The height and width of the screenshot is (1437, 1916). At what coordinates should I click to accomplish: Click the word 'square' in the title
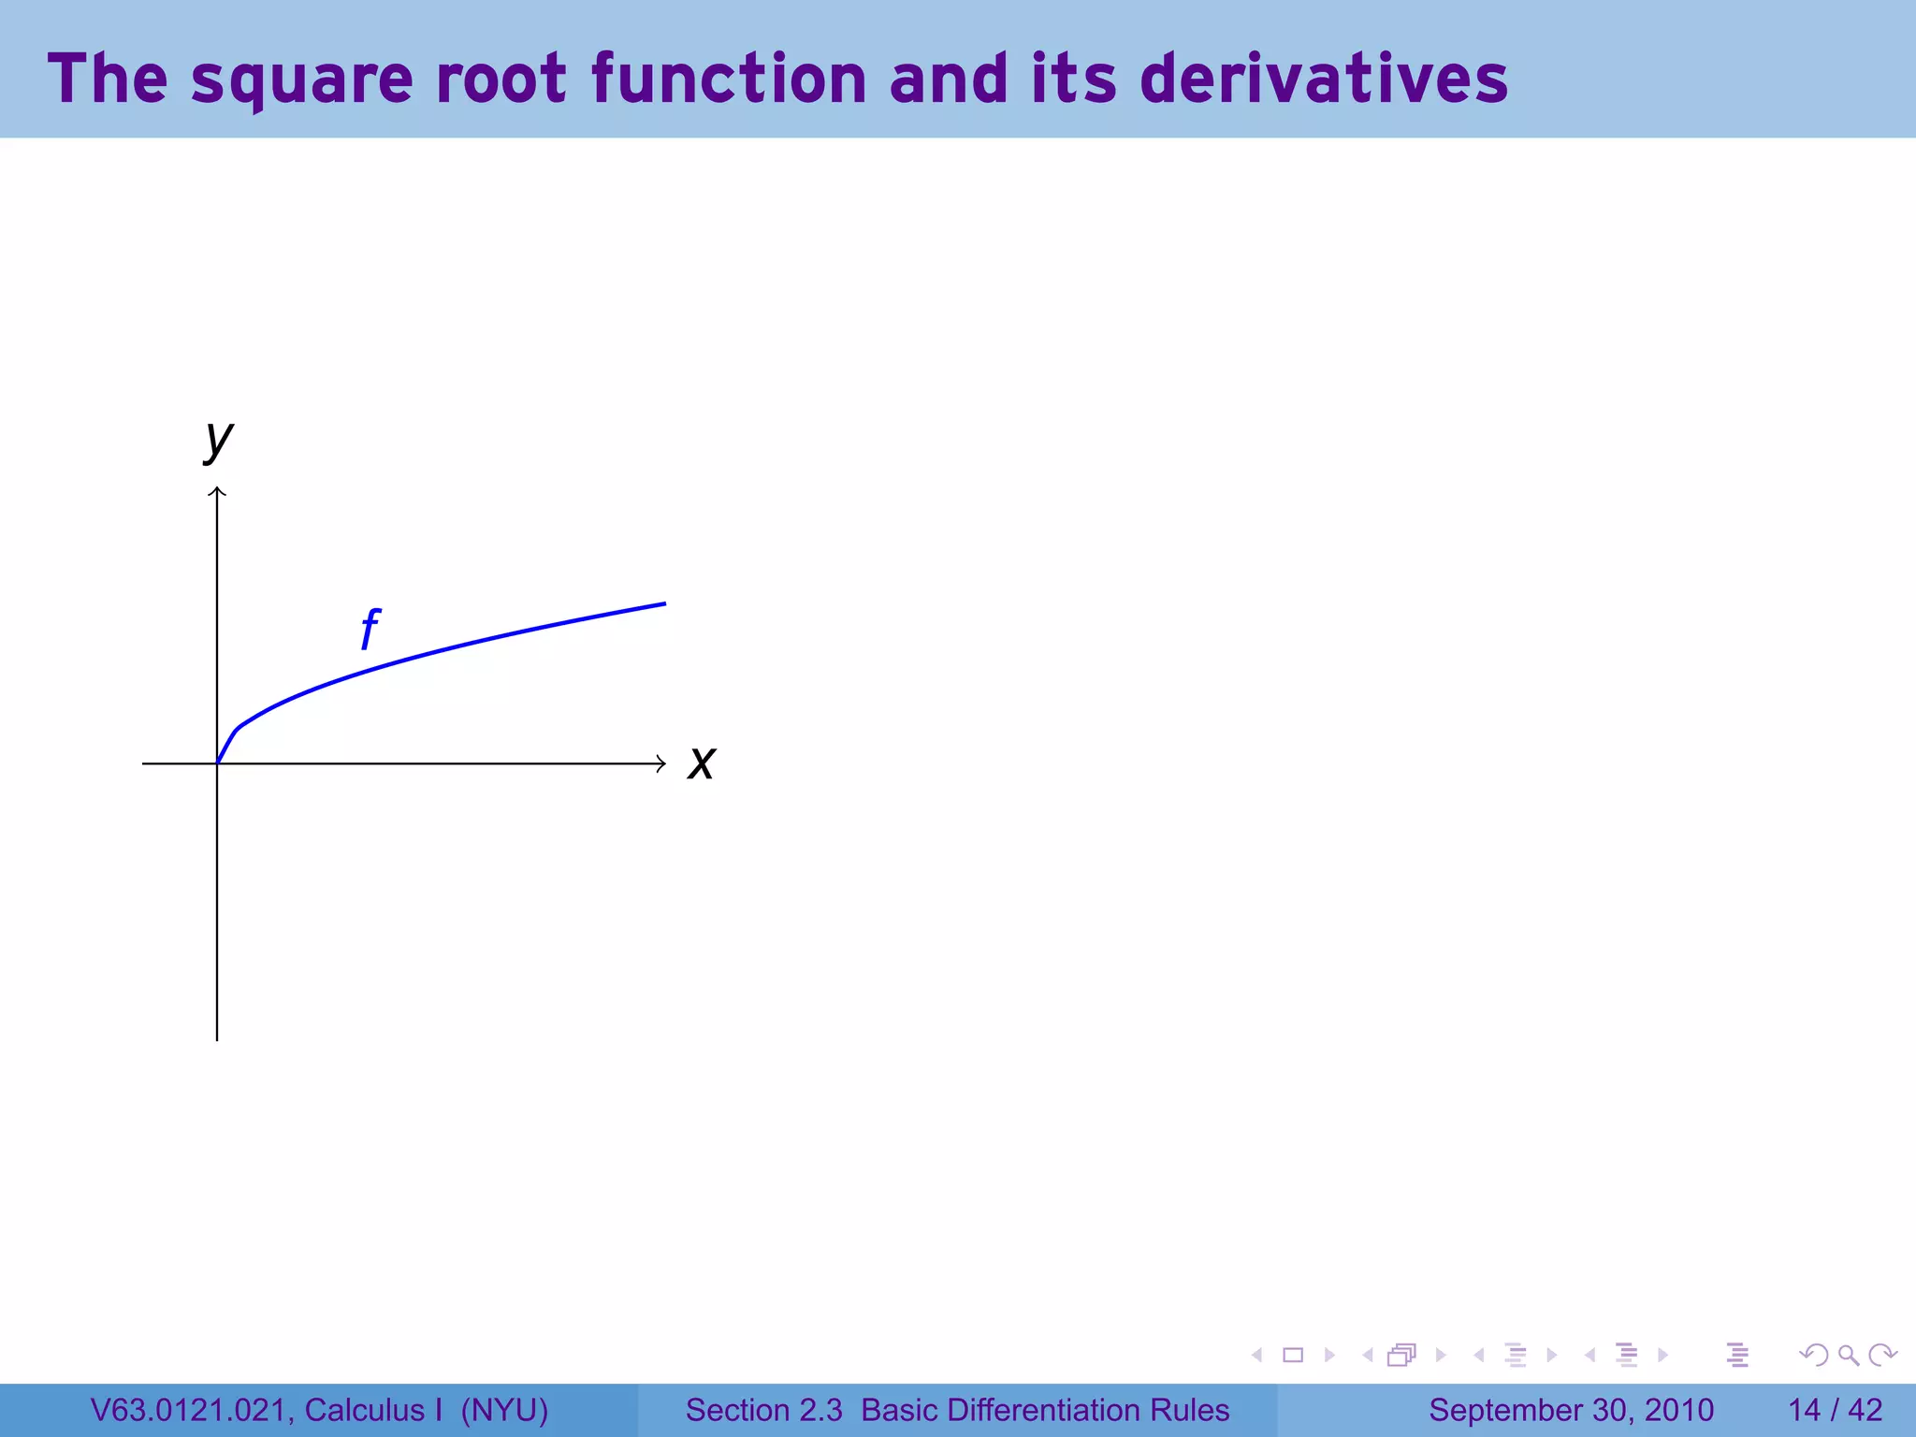pyautogui.click(x=301, y=80)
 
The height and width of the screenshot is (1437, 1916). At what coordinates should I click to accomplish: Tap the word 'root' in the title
pyautogui.click(x=501, y=79)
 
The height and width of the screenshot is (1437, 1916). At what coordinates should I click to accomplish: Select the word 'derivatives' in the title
pyautogui.click(x=1324, y=79)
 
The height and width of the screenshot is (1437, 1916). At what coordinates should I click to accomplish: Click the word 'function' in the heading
pyautogui.click(x=730, y=79)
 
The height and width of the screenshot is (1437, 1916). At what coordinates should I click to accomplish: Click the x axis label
pyautogui.click(x=701, y=762)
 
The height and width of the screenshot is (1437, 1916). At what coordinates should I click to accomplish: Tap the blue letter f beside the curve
pyautogui.click(x=370, y=629)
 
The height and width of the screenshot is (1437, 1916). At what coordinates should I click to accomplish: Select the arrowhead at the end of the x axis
pyautogui.click(x=661, y=763)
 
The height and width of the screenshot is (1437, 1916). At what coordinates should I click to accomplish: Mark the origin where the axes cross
pyautogui.click(x=217, y=763)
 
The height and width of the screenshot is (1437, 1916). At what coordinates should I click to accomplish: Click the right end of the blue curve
pyautogui.click(x=663, y=604)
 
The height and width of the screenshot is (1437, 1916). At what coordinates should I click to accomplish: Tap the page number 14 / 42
pyautogui.click(x=1835, y=1410)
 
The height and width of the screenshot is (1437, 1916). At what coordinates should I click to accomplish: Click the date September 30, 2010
pyautogui.click(x=1571, y=1410)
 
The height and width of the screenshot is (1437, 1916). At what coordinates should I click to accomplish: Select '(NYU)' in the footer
pyautogui.click(x=504, y=1410)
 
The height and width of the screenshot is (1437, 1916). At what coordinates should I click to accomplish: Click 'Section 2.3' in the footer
pyautogui.click(x=763, y=1410)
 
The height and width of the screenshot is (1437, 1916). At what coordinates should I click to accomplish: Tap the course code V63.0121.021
pyautogui.click(x=192, y=1410)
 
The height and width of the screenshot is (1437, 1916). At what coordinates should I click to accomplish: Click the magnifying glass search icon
pyautogui.click(x=1848, y=1355)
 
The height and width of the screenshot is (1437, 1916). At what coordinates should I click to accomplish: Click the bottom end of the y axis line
pyautogui.click(x=217, y=1038)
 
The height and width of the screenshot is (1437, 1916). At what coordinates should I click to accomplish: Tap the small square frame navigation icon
pyautogui.click(x=1293, y=1355)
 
